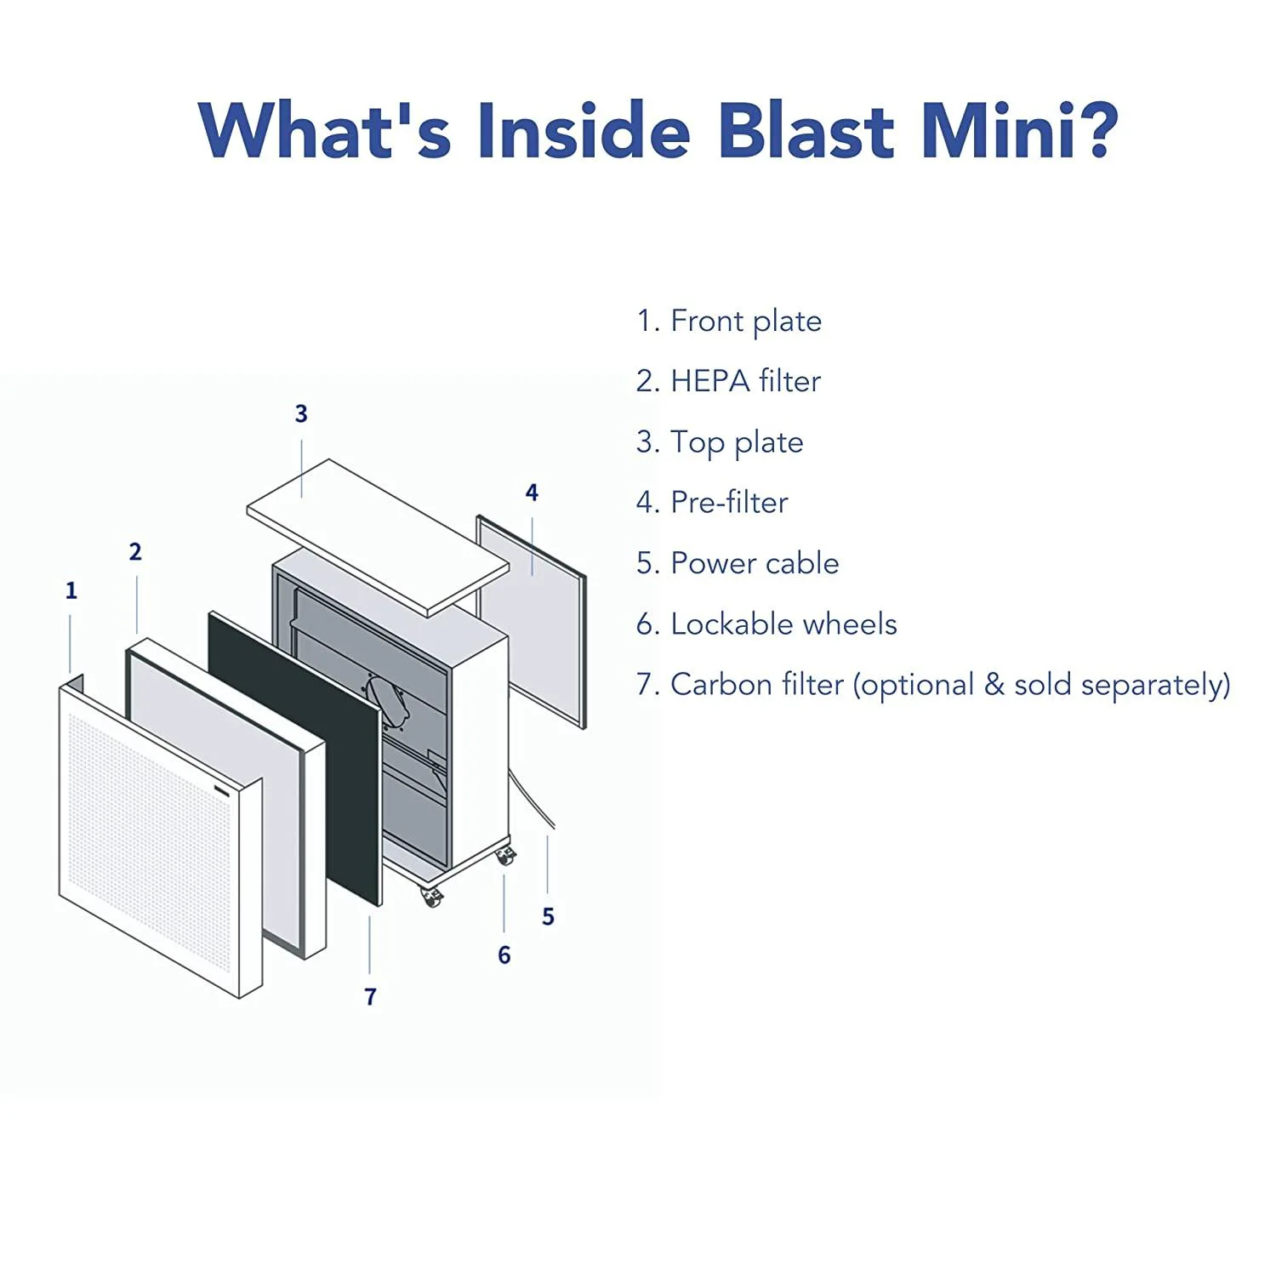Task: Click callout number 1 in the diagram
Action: [71, 590]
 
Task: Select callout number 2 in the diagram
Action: [135, 552]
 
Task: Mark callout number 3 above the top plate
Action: [301, 413]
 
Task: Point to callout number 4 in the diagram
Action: [532, 493]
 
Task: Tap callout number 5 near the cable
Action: [548, 917]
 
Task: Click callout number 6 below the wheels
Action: [504, 955]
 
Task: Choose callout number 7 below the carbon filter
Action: [370, 997]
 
